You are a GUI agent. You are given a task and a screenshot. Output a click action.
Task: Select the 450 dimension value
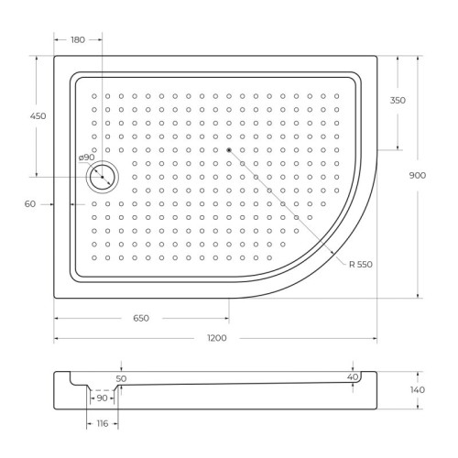click(x=38, y=116)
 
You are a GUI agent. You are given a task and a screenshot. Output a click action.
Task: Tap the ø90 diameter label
click(x=87, y=158)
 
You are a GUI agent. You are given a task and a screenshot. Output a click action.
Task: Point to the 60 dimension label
click(x=30, y=204)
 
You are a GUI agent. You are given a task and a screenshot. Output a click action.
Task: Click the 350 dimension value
click(x=398, y=100)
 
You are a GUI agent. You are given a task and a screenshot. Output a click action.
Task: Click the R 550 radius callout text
click(x=362, y=264)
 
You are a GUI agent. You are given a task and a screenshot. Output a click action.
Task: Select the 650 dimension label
click(x=141, y=318)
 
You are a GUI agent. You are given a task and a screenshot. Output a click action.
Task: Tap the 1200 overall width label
click(x=216, y=339)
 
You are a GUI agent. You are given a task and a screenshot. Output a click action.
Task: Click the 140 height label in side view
click(x=418, y=390)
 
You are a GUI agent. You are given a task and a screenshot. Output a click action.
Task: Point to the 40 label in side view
click(x=352, y=376)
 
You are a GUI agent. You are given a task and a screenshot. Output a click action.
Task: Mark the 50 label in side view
click(x=121, y=377)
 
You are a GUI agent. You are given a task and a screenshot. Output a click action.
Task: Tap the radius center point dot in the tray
click(x=229, y=149)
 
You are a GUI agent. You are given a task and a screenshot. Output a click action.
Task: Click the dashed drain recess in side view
click(x=102, y=392)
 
